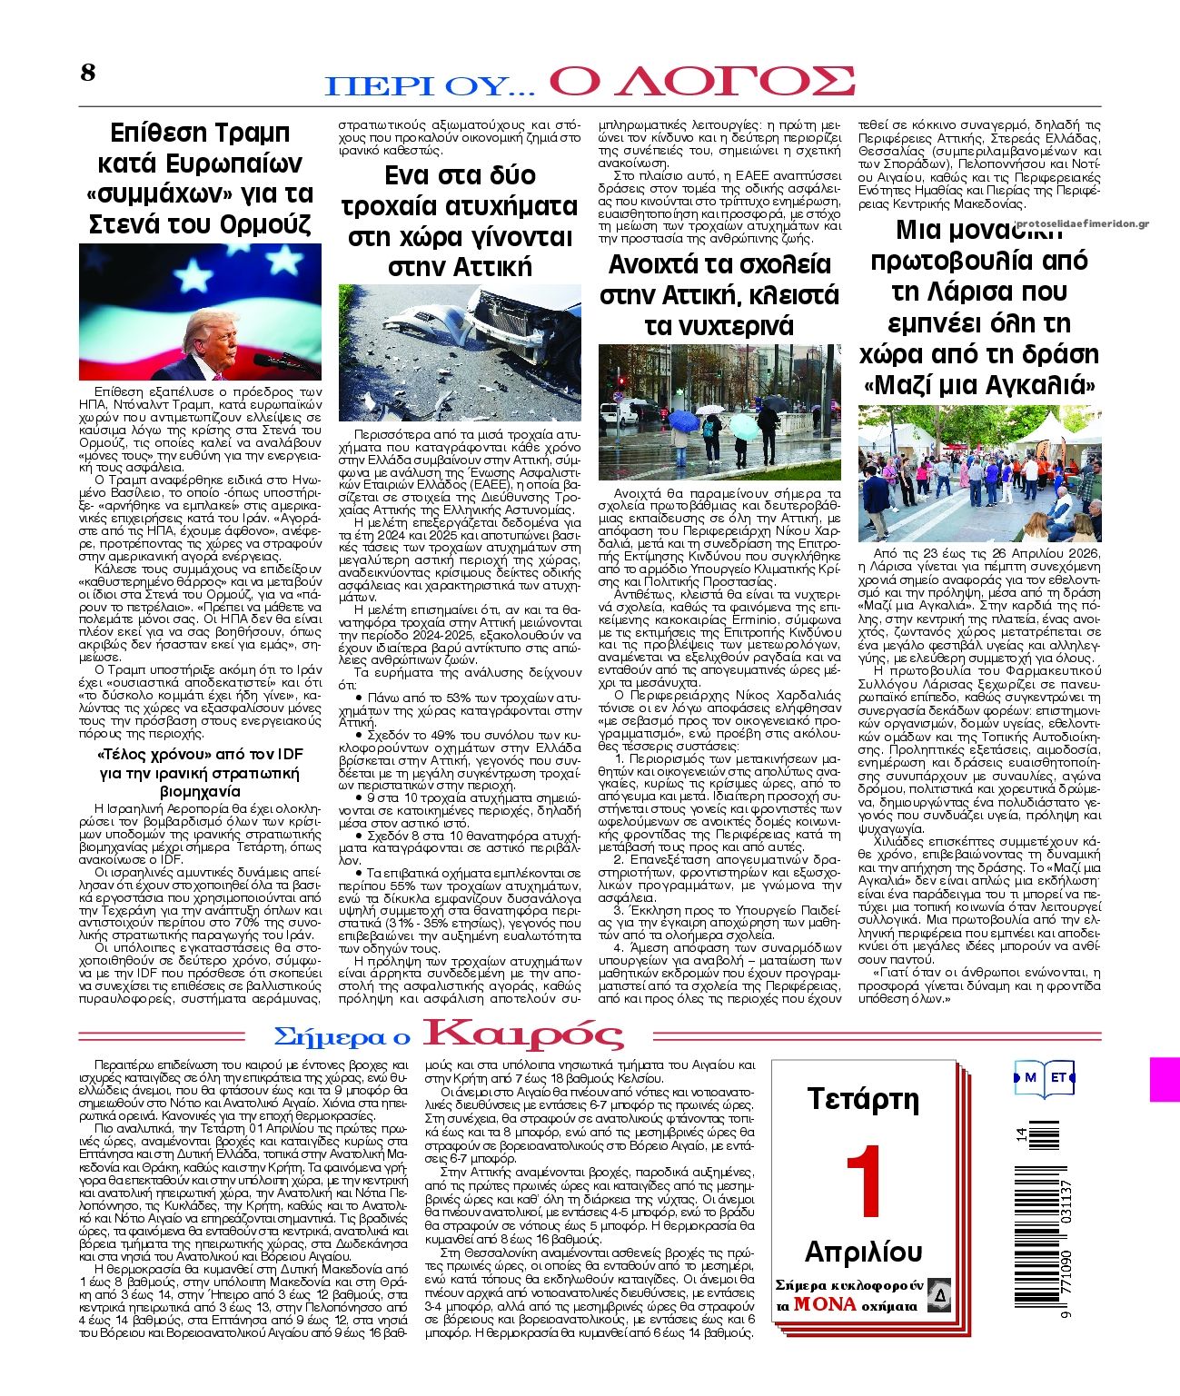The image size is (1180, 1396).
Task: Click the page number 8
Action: tap(87, 73)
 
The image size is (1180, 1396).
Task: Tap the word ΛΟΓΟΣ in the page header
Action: tap(702, 82)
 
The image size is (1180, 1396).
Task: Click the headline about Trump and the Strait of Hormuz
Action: tap(200, 178)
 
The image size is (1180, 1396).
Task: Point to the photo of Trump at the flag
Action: tap(200, 312)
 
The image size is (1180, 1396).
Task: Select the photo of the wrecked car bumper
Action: tap(460, 351)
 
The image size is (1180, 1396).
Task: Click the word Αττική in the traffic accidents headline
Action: tap(460, 267)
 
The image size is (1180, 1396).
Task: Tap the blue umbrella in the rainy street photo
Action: tap(682, 421)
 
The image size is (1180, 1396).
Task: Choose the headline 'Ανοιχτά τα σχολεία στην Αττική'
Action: tap(719, 294)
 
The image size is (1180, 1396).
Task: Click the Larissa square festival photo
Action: tap(979, 472)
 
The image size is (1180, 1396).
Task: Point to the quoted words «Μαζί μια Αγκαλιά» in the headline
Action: tap(979, 385)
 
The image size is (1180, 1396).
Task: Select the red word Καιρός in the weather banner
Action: tap(525, 1035)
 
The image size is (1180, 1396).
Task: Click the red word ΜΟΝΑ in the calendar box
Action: tap(825, 1304)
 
